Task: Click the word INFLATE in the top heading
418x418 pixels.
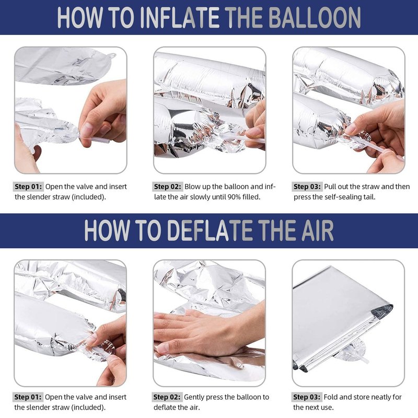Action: (x=179, y=18)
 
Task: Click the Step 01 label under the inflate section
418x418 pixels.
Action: (x=28, y=187)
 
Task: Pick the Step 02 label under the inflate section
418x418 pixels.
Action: (x=167, y=187)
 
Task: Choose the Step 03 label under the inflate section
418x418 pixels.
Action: (x=307, y=187)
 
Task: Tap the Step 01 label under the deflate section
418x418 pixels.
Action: (x=28, y=397)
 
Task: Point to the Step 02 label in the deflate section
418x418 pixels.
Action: (x=167, y=397)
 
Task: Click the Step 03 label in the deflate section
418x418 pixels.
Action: (x=307, y=397)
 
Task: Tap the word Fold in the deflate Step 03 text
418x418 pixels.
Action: (x=331, y=397)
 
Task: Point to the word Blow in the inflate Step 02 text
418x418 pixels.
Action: (x=191, y=187)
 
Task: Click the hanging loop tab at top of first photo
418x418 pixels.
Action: (x=111, y=56)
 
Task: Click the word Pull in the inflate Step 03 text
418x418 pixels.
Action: (x=330, y=187)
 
